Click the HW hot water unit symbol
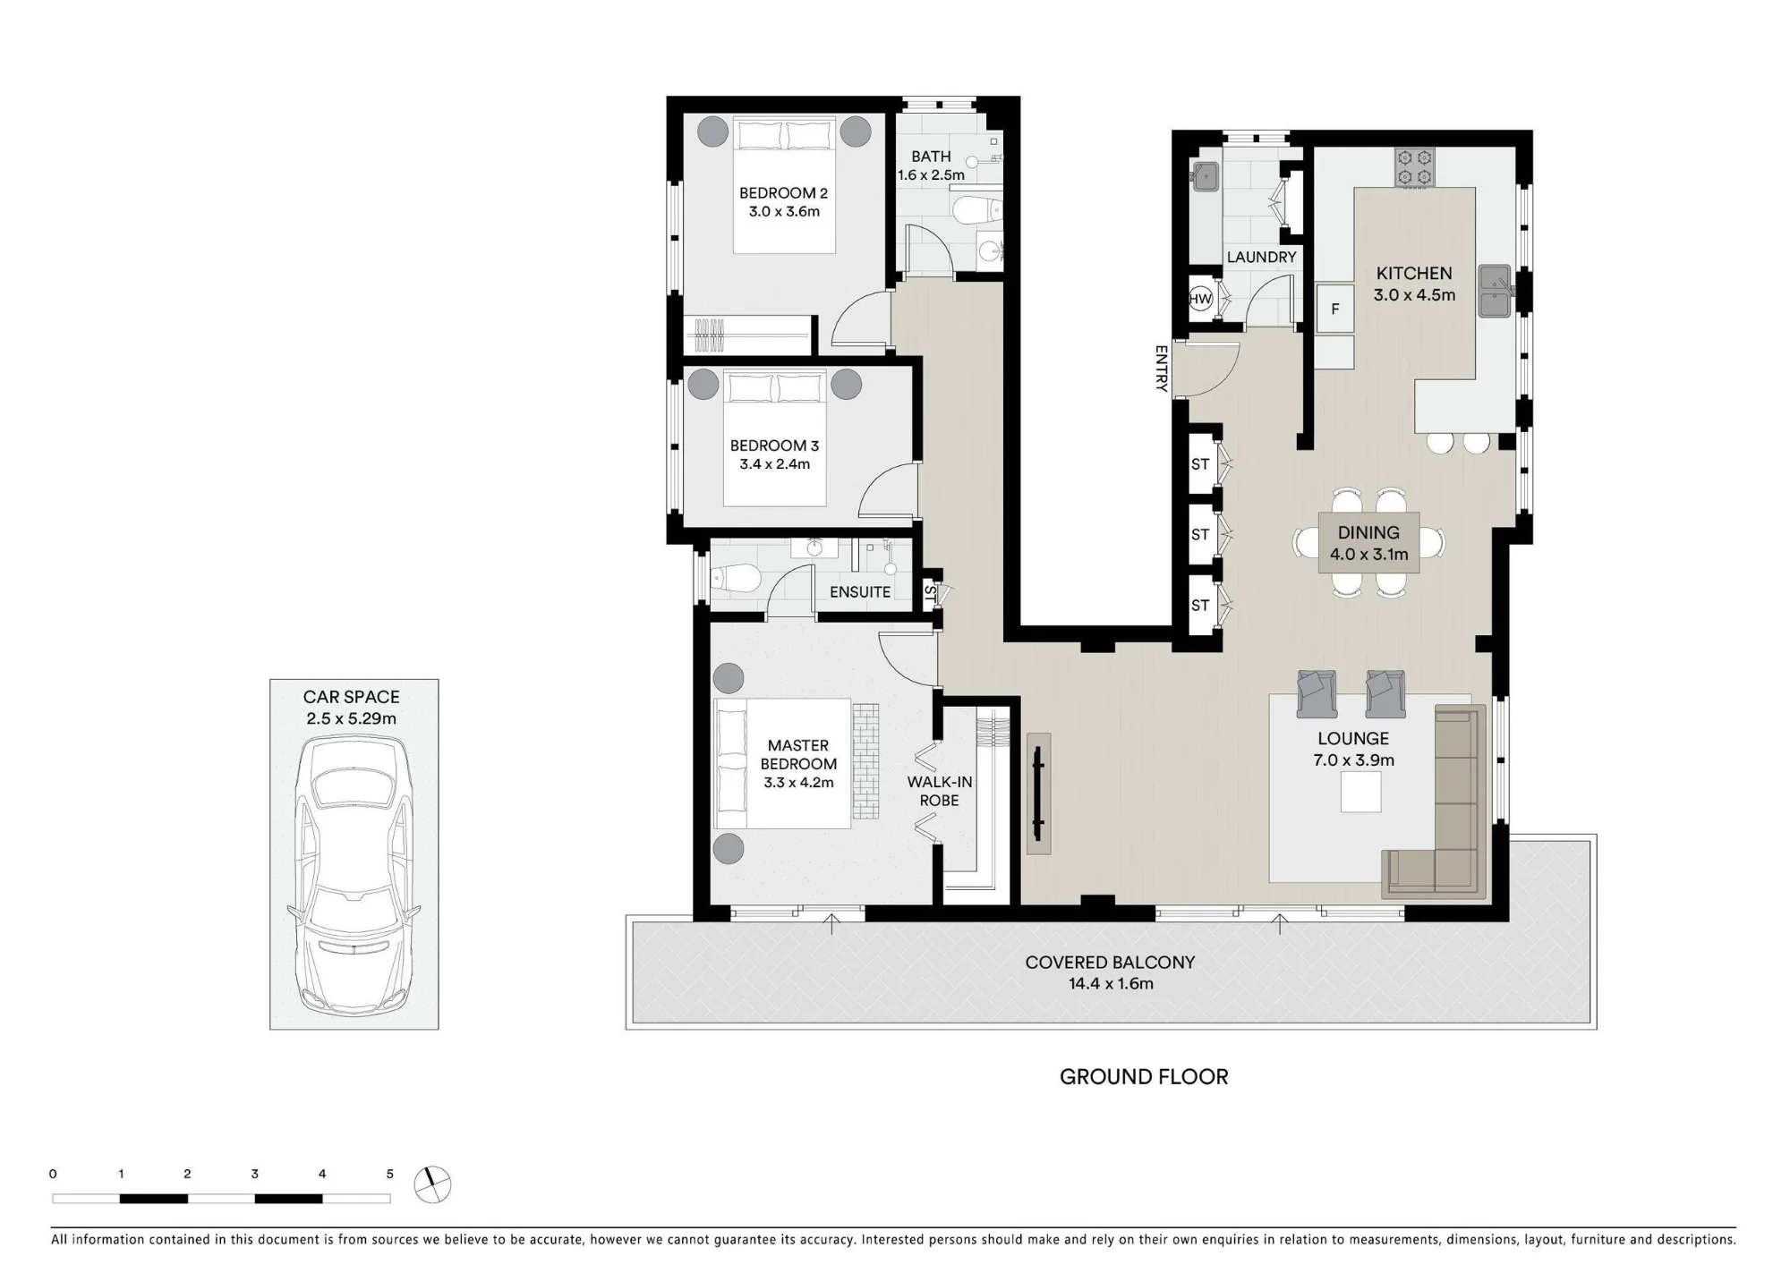1200,299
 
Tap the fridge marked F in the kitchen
1334,310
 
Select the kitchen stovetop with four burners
1414,167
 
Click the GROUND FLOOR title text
1144,1077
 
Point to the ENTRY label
1161,369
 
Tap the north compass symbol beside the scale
433,1185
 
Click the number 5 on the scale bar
389,1174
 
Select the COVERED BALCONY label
1110,963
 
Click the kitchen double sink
1496,291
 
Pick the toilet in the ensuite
736,579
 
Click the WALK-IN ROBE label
939,791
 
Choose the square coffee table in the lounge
1360,792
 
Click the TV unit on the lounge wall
1038,794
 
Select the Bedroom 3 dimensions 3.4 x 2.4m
774,464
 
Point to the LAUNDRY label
1261,258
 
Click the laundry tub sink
1205,177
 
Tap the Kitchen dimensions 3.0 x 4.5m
1414,295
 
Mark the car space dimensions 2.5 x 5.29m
351,718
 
